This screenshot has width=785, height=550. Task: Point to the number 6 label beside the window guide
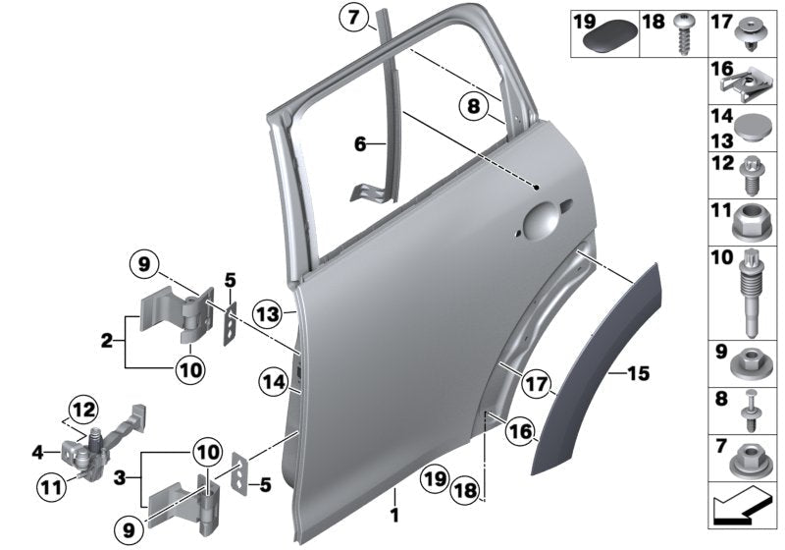(360, 144)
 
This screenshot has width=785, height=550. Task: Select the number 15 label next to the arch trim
(639, 373)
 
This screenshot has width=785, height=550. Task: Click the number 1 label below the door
(394, 513)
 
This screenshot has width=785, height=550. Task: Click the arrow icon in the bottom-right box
(742, 512)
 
